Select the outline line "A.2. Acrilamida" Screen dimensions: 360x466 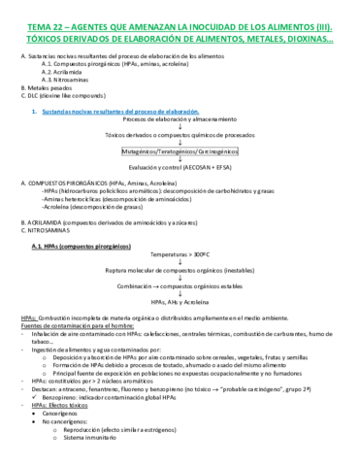(x=63, y=72)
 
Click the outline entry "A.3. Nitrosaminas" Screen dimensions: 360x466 (x=66, y=80)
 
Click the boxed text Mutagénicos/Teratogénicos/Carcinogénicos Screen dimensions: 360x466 (x=180, y=152)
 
